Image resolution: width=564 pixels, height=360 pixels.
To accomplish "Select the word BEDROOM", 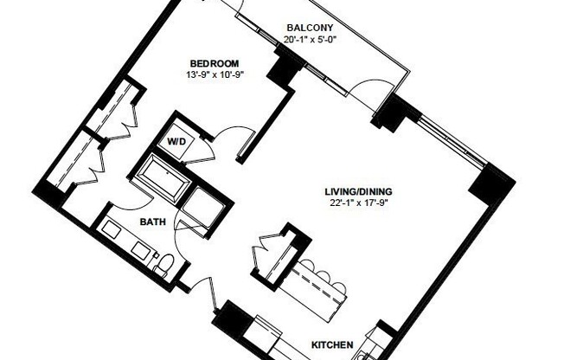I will point(214,62).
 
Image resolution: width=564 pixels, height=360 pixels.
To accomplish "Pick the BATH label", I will point(154,222).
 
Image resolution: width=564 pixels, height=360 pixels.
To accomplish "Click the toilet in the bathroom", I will point(164,262).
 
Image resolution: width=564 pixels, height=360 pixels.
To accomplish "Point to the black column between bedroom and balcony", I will point(283,70).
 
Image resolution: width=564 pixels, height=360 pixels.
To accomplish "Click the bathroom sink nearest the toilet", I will point(141,250).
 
